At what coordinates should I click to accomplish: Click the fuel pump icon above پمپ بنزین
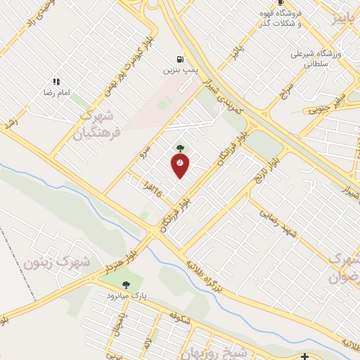click(x=181, y=60)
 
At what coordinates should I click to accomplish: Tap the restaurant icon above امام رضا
click(x=56, y=82)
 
